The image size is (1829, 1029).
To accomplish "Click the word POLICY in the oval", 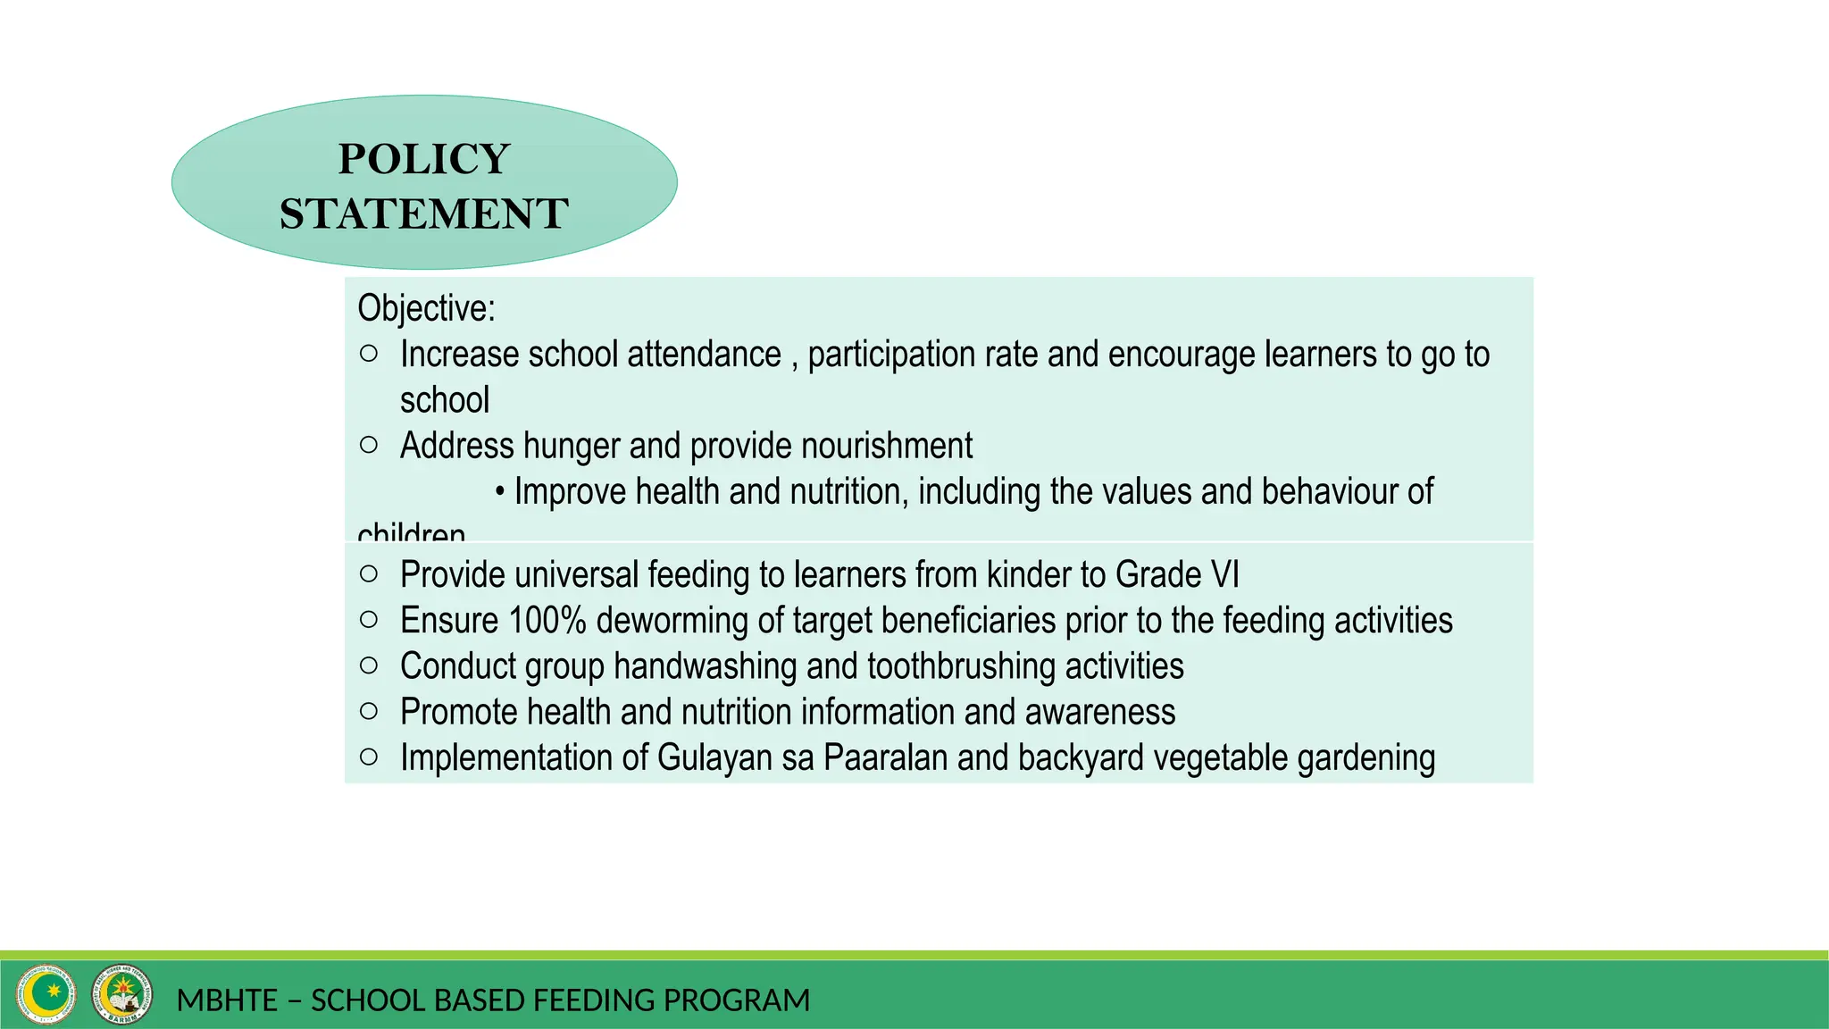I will pos(424,159).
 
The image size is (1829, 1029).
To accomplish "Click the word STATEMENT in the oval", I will pos(424,214).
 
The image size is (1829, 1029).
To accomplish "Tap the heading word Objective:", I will pos(426,308).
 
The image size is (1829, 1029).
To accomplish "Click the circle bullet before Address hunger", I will pos(369,445).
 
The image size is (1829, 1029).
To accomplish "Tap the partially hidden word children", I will pos(412,533).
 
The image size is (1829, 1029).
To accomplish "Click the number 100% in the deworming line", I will pos(547,621).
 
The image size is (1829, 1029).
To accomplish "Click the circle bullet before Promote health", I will pos(369,711).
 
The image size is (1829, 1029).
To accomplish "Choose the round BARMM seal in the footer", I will pos(122,994).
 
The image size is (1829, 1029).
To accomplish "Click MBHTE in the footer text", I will pos(227,1000).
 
